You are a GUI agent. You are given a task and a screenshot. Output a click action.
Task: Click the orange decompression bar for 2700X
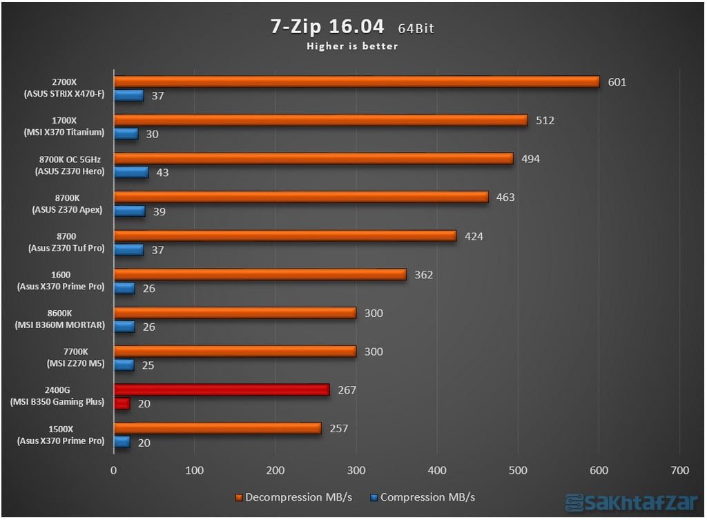[x=356, y=81]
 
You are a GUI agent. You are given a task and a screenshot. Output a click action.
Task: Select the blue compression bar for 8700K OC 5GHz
[x=131, y=172]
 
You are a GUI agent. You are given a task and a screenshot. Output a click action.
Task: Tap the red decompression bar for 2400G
[x=221, y=390]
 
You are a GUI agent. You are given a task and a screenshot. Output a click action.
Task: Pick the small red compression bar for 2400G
[x=122, y=403]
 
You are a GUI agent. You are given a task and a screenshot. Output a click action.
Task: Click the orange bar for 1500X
[x=217, y=428]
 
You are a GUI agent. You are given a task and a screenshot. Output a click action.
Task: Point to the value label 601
[x=617, y=82]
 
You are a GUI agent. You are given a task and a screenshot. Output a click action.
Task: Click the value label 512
[x=545, y=121]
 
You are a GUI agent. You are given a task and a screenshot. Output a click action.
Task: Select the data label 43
[x=163, y=173]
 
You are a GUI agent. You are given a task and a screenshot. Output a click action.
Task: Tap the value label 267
[x=347, y=390]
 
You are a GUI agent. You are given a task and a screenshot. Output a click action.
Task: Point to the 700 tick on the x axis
[x=679, y=470]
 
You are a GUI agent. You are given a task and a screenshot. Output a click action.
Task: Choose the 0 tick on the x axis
[x=114, y=470]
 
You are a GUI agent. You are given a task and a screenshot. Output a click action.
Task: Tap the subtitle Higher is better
[x=353, y=47]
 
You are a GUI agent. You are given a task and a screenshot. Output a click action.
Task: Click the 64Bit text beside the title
[x=416, y=29]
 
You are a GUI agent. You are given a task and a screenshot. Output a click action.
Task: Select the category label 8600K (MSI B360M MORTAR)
[x=64, y=320]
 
